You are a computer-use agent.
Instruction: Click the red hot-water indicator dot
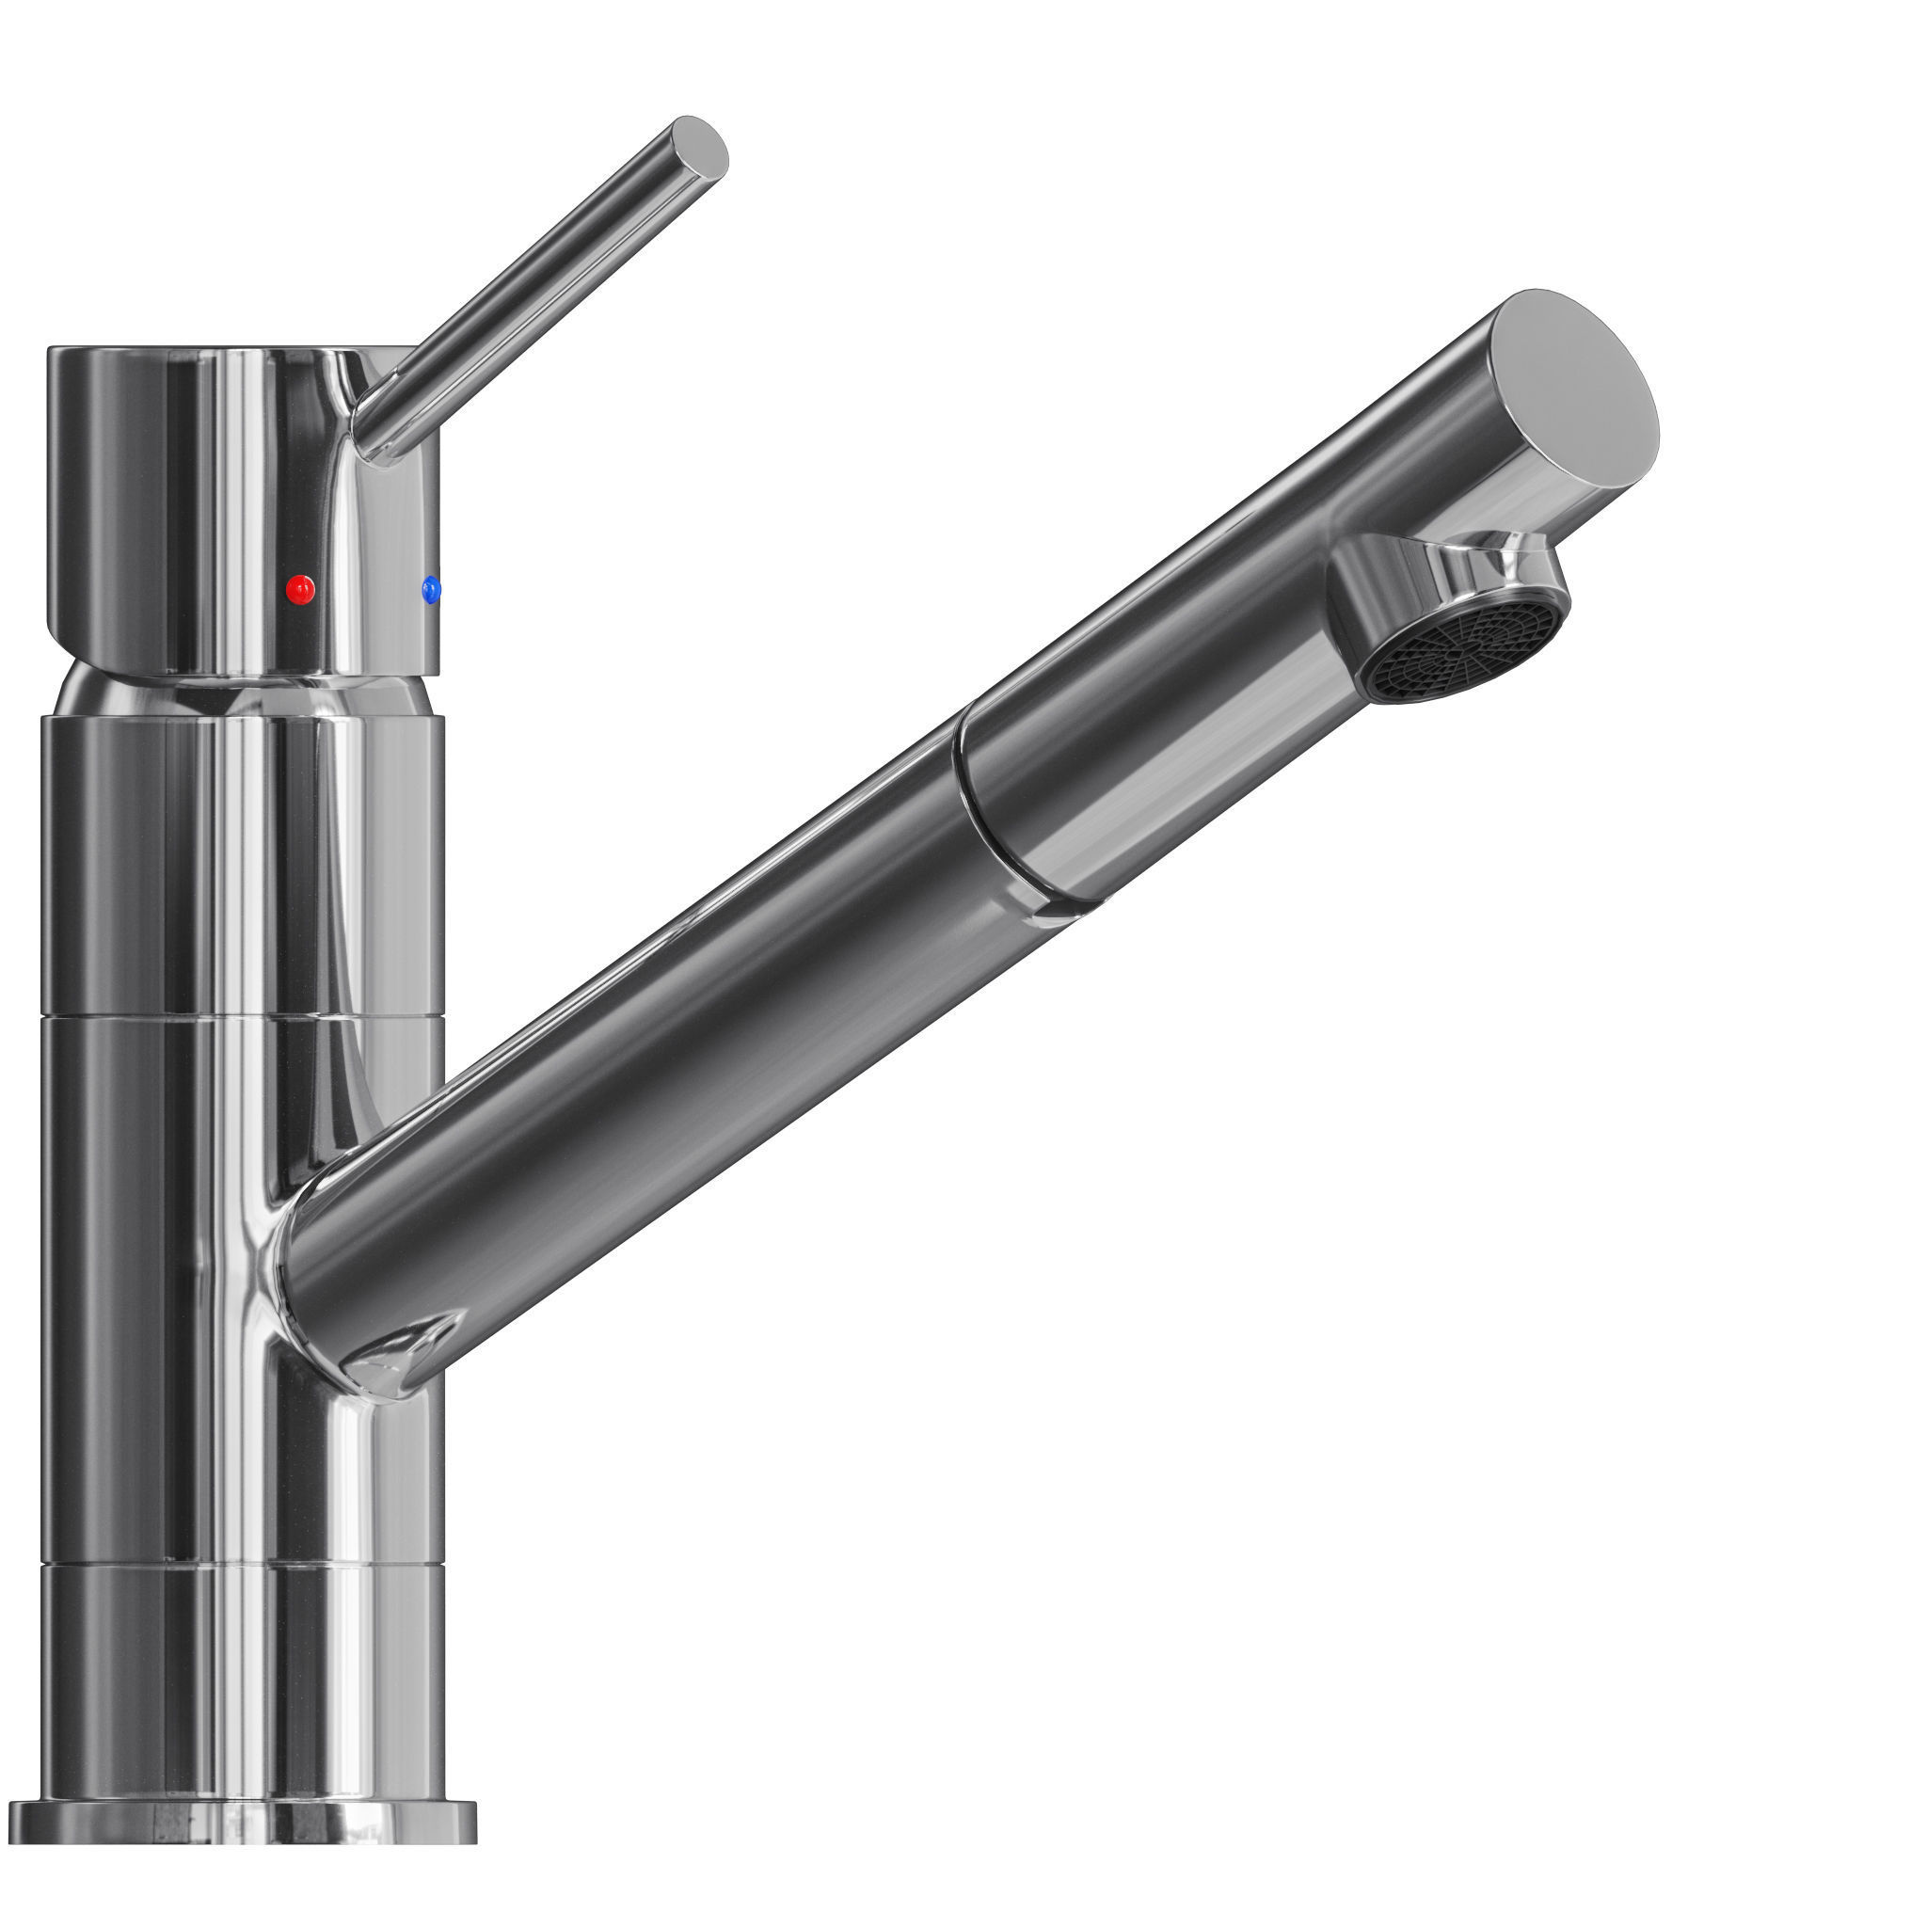(x=300, y=589)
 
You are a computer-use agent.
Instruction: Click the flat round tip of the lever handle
(x=700, y=149)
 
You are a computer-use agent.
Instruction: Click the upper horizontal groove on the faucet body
(x=239, y=1017)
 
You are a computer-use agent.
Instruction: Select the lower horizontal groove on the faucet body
(x=239, y=1562)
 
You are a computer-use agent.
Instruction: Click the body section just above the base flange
(x=239, y=1676)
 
